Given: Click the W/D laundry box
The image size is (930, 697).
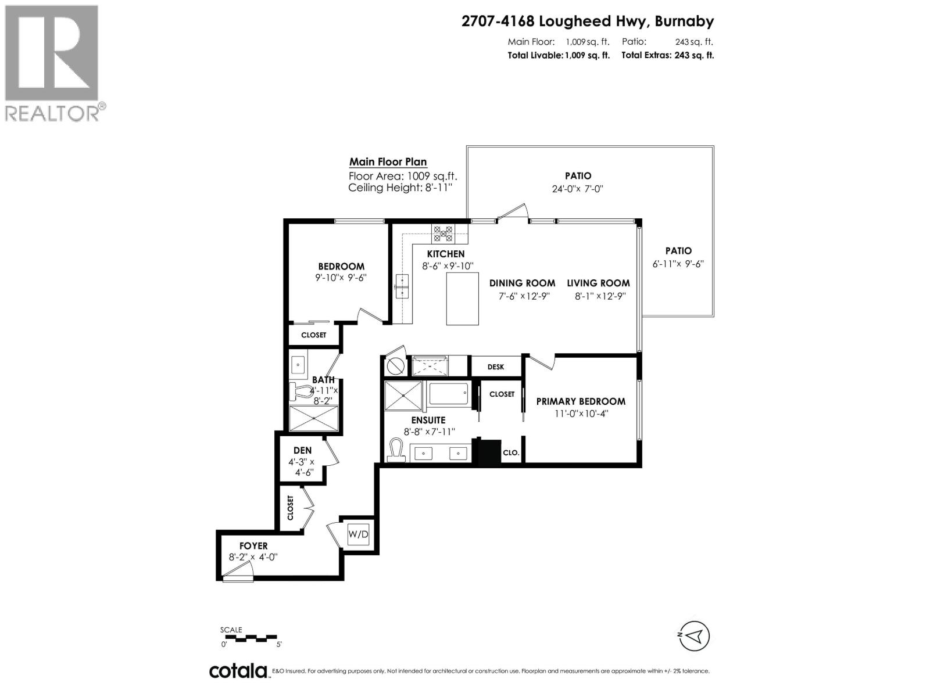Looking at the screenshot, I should [358, 534].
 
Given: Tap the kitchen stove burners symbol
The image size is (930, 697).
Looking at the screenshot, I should [443, 234].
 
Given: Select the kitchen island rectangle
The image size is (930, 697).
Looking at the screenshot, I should [463, 299].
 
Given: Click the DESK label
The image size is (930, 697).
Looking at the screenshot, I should [496, 367].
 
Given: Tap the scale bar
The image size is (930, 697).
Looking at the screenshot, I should [251, 638].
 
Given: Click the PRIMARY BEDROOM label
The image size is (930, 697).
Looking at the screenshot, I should [581, 401].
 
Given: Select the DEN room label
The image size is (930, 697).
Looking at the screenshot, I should [302, 450].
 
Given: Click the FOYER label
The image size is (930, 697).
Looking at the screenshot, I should [253, 546].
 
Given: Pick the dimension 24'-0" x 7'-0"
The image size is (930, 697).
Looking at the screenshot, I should [578, 189].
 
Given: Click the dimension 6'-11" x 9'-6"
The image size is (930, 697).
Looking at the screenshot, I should [678, 263].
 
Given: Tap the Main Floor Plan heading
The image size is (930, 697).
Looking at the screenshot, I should [388, 162].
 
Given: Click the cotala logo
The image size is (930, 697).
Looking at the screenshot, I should [238, 671].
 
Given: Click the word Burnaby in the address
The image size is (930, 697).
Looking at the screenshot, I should [684, 21].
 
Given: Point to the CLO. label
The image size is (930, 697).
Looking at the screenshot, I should [511, 452].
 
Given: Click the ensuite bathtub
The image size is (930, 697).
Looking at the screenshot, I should [448, 394].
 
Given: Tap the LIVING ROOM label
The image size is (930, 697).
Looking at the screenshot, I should [598, 283].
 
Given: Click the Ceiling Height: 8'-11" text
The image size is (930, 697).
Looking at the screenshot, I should [400, 188].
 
